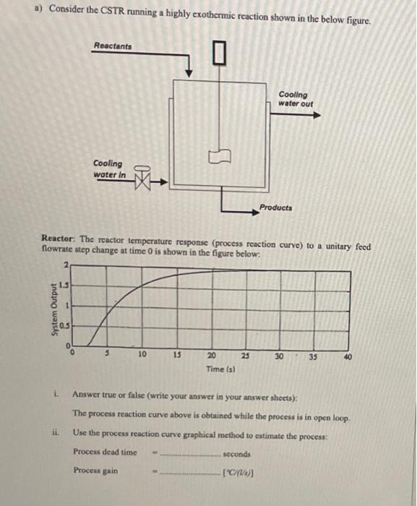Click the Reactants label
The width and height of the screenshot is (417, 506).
tap(113, 46)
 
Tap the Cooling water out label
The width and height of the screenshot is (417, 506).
tap(296, 99)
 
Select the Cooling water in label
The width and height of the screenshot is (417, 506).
tap(109, 169)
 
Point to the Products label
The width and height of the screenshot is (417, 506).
tap(276, 207)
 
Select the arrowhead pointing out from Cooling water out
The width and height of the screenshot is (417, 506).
tap(316, 113)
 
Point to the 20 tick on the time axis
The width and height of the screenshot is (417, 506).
tap(211, 356)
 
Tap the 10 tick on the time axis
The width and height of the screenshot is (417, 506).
tap(143, 354)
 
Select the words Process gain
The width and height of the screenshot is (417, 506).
tap(94, 471)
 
